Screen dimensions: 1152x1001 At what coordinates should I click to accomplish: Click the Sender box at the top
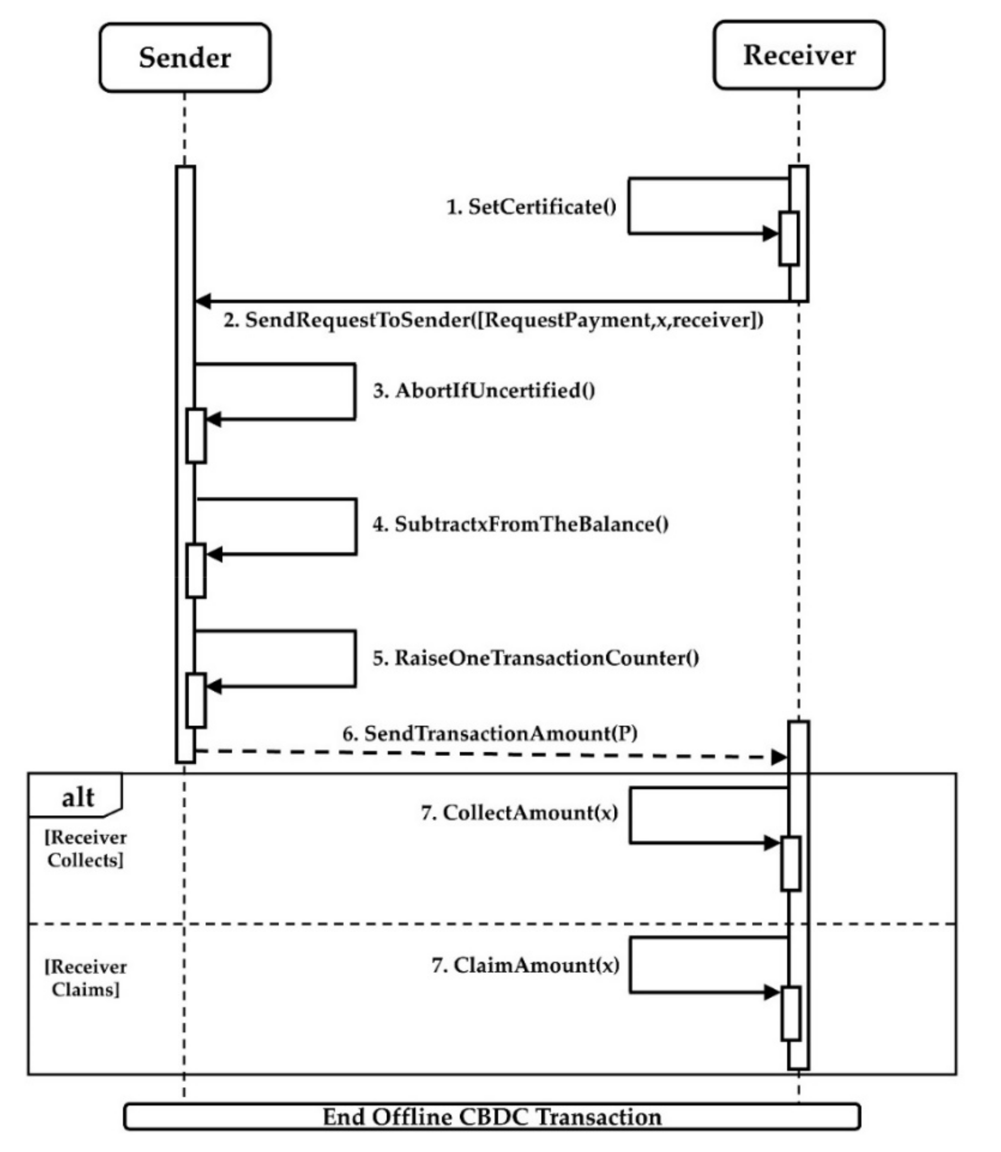[x=185, y=58]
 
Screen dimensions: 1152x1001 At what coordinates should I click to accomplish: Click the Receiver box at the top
[x=799, y=55]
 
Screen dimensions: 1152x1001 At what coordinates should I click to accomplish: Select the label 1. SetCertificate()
[x=531, y=207]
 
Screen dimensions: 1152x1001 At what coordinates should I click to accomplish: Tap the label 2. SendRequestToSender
[x=493, y=320]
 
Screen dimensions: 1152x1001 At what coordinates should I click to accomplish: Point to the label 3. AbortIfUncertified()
[x=484, y=391]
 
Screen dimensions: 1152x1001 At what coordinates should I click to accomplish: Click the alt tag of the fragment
[x=77, y=797]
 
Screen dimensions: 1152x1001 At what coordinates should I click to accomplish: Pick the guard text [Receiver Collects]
[x=86, y=849]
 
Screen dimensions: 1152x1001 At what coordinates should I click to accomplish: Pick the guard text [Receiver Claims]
[x=86, y=978]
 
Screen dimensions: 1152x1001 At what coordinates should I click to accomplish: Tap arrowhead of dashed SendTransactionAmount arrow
[x=779, y=758]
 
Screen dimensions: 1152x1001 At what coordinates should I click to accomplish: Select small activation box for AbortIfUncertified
[x=195, y=436]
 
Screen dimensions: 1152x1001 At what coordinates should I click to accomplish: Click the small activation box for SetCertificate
[x=789, y=238]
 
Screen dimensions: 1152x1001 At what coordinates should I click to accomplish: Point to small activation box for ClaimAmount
[x=790, y=1014]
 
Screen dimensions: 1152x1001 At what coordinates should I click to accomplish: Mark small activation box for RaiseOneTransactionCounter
[x=195, y=700]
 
